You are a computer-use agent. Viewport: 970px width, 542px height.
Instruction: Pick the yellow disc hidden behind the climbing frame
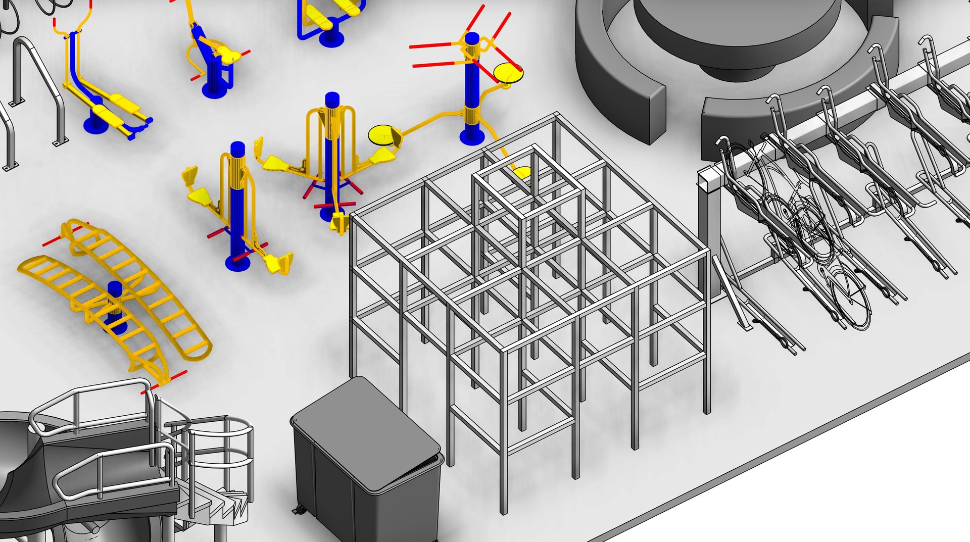(522, 173)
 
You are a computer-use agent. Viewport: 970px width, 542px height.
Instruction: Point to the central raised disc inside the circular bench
(738, 30)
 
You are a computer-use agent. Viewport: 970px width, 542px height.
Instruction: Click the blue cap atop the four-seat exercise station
(332, 98)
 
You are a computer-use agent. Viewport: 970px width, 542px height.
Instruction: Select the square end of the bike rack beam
(708, 182)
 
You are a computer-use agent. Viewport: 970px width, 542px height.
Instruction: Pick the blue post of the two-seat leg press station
(238, 212)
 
